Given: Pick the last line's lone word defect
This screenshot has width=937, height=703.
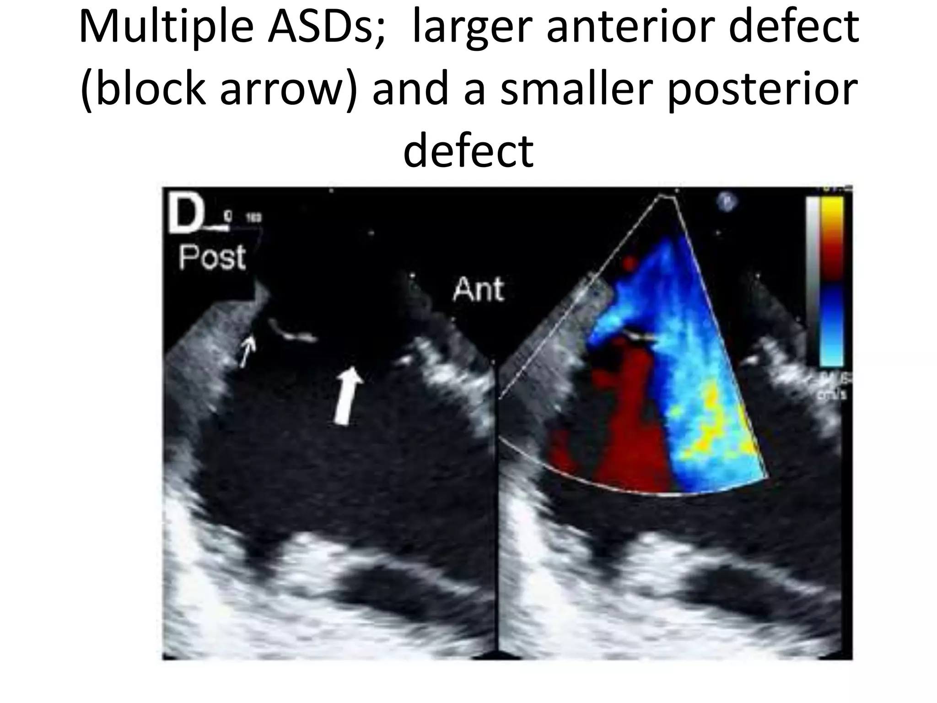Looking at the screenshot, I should pos(468,148).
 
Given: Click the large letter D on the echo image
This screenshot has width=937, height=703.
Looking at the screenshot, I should pos(183,216).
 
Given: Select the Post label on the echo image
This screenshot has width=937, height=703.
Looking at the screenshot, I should pos(212,257).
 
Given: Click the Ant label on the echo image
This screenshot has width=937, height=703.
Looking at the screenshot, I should pos(478,289).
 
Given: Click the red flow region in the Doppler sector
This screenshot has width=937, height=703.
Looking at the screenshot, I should pos(631,435).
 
